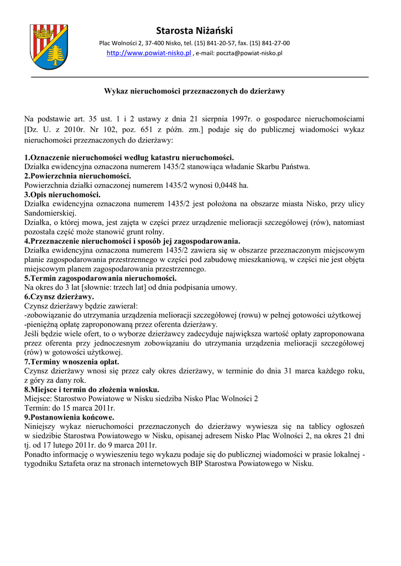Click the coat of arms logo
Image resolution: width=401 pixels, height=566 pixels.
[x=48, y=47]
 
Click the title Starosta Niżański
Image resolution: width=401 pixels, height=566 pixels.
[x=194, y=30]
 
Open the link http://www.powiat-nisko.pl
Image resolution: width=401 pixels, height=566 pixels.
[x=148, y=54]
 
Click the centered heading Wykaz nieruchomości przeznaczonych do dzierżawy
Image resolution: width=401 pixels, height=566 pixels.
[x=195, y=91]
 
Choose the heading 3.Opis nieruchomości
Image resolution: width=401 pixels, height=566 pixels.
[x=63, y=195]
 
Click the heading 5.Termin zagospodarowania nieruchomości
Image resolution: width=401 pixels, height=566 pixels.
[x=100, y=278]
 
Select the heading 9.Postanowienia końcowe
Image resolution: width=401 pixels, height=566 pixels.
[x=69, y=417]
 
